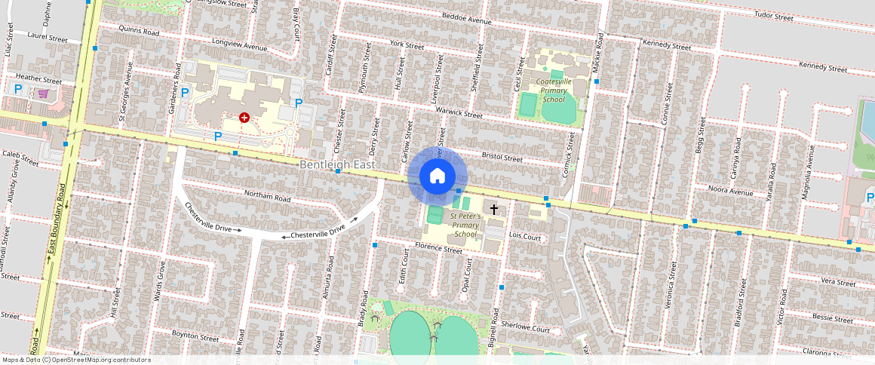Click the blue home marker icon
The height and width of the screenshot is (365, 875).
[x=437, y=176]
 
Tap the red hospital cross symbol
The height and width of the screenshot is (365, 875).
[x=244, y=118]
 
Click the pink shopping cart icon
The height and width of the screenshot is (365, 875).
[x=43, y=94]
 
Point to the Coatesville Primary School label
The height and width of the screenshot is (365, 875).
[x=553, y=90]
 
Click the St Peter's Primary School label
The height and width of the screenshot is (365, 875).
[x=465, y=225]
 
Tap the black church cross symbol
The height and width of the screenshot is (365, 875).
[x=494, y=208]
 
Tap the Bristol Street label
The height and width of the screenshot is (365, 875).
[x=502, y=158]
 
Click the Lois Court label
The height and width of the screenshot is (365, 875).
[x=526, y=237]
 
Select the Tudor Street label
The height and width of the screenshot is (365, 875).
[x=773, y=16]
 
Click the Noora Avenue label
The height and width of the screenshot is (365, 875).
[x=730, y=192]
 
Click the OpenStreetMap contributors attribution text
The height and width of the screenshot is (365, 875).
[x=76, y=360]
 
